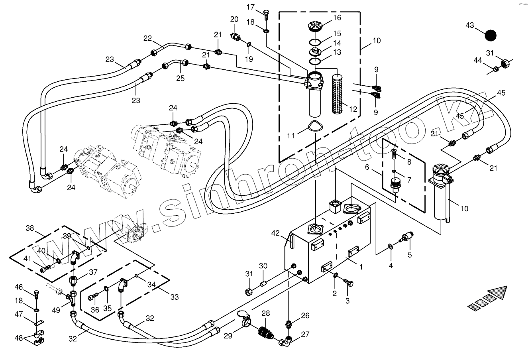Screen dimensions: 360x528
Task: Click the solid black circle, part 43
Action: (x=491, y=35)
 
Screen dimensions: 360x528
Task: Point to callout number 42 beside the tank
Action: (x=276, y=233)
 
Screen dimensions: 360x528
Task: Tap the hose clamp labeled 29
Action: (x=244, y=317)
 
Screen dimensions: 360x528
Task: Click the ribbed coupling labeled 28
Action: (x=265, y=332)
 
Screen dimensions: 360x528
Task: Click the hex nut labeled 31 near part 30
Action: (x=247, y=291)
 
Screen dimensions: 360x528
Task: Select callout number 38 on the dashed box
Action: (x=30, y=228)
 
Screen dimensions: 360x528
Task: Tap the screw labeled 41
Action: (x=45, y=268)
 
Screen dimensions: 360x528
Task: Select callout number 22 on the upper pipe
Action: (x=148, y=38)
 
